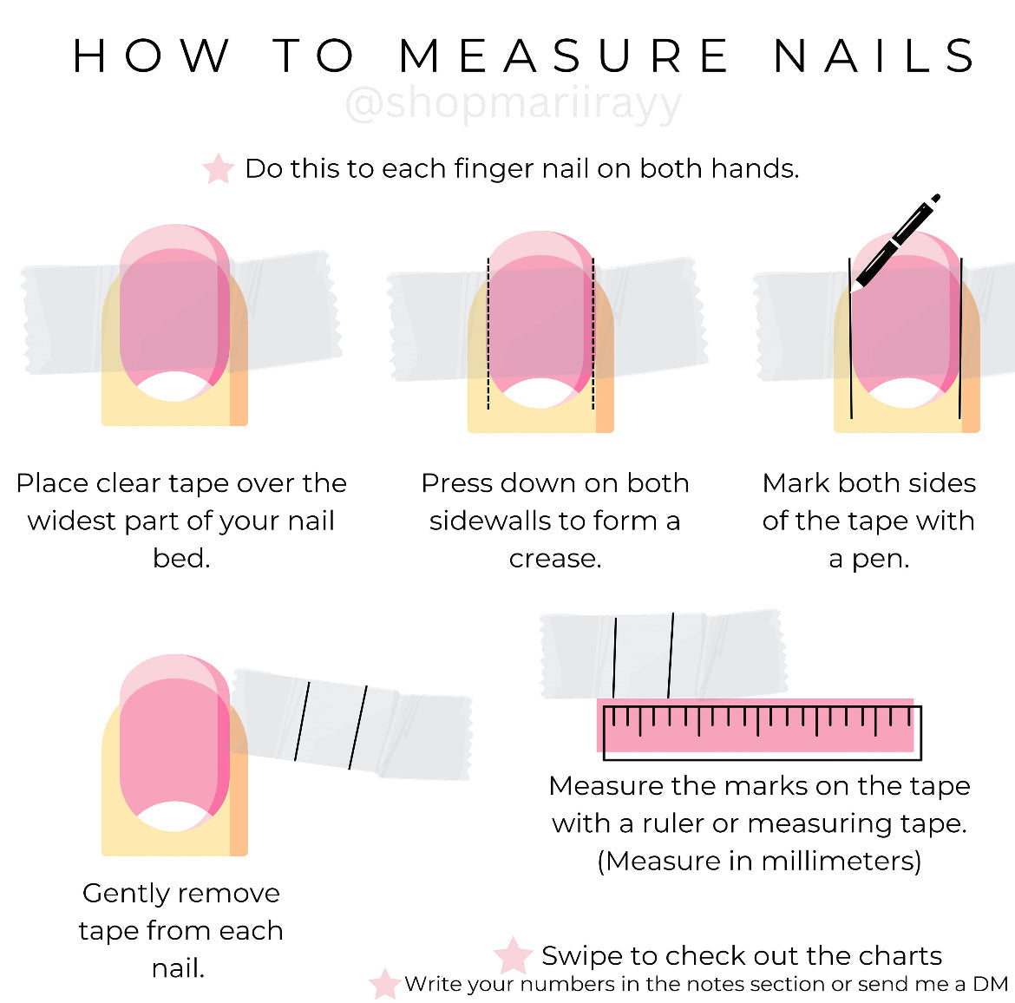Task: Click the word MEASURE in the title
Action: pyautogui.click(x=564, y=56)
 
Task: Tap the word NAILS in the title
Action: pyautogui.click(x=874, y=56)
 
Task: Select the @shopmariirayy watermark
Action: pyautogui.click(x=514, y=104)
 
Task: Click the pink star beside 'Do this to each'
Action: pyautogui.click(x=218, y=169)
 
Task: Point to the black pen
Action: pyautogui.click(x=897, y=241)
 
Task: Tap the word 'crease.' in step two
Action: pyautogui.click(x=555, y=558)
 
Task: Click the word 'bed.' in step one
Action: pyautogui.click(x=181, y=558)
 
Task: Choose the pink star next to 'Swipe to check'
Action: pyautogui.click(x=513, y=955)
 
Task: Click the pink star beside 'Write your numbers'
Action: pyautogui.click(x=384, y=984)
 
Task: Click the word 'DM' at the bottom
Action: pyautogui.click(x=991, y=984)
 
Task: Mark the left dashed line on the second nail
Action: pyautogui.click(x=488, y=333)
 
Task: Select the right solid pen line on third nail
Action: pyautogui.click(x=960, y=338)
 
